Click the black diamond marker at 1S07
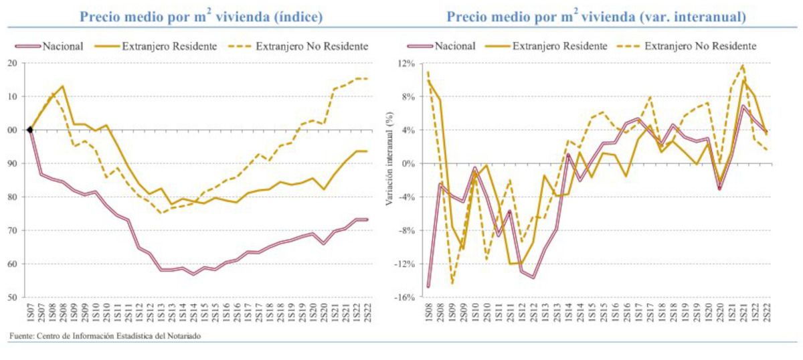pyautogui.click(x=29, y=130)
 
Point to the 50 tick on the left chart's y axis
pyautogui.click(x=12, y=297)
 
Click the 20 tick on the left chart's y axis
pyautogui.click(x=12, y=63)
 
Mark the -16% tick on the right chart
pyautogui.click(x=406, y=297)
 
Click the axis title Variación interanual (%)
pyautogui.click(x=390, y=181)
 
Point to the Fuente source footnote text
pyautogui.click(x=101, y=336)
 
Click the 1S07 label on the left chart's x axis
pyautogui.click(x=30, y=312)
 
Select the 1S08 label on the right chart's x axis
pyautogui.click(x=428, y=312)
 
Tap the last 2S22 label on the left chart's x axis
pyautogui.click(x=367, y=312)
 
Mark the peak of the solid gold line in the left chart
pyautogui.click(x=62, y=86)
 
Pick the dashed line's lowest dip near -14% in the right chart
pyautogui.click(x=452, y=284)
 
